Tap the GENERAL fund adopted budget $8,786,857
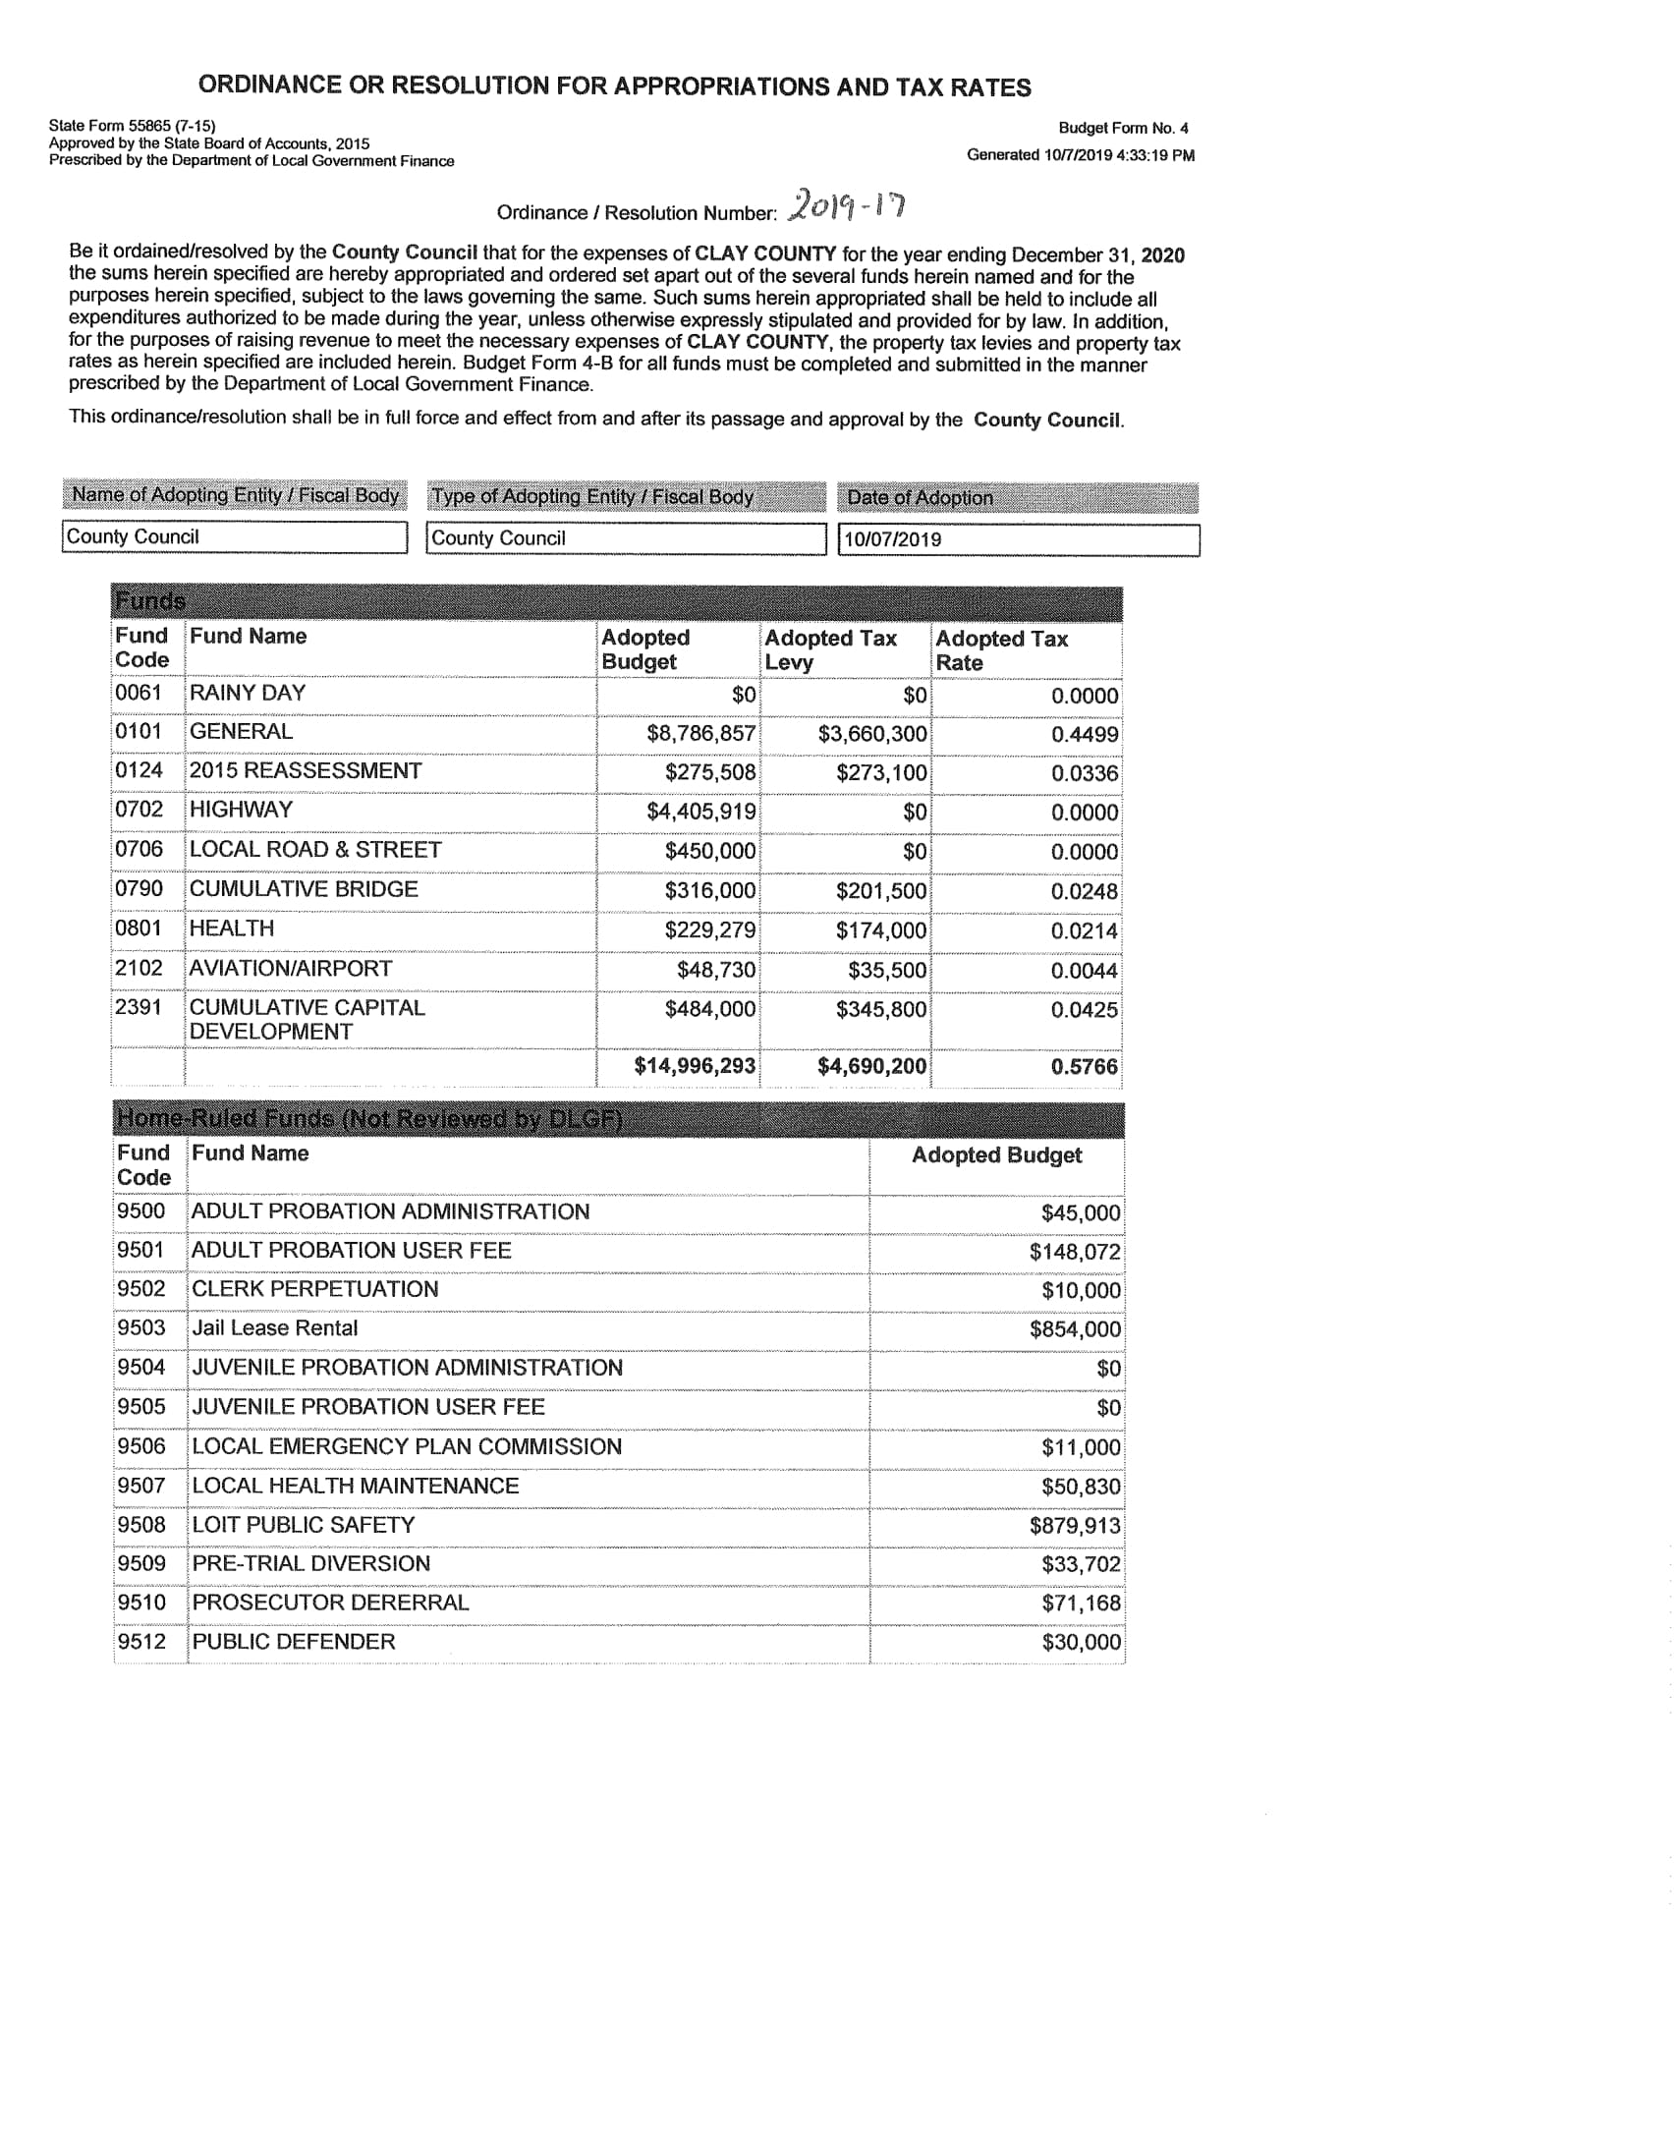pos(700,734)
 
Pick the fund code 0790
pos(139,889)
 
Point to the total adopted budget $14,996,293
pos(695,1066)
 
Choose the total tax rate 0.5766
pos(1084,1067)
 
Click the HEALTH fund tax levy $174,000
pos(880,930)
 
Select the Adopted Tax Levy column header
pos(830,649)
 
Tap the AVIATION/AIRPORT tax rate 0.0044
pos(1084,971)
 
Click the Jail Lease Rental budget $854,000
pos(1075,1329)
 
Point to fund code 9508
pos(141,1525)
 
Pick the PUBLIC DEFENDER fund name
pos(294,1642)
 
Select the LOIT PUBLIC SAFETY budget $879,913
pos(1075,1526)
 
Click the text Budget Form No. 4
pos(1123,128)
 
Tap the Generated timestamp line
pos(1081,155)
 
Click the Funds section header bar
pos(616,601)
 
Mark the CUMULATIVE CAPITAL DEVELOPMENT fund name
pos(307,1019)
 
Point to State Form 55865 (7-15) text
pos(133,126)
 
